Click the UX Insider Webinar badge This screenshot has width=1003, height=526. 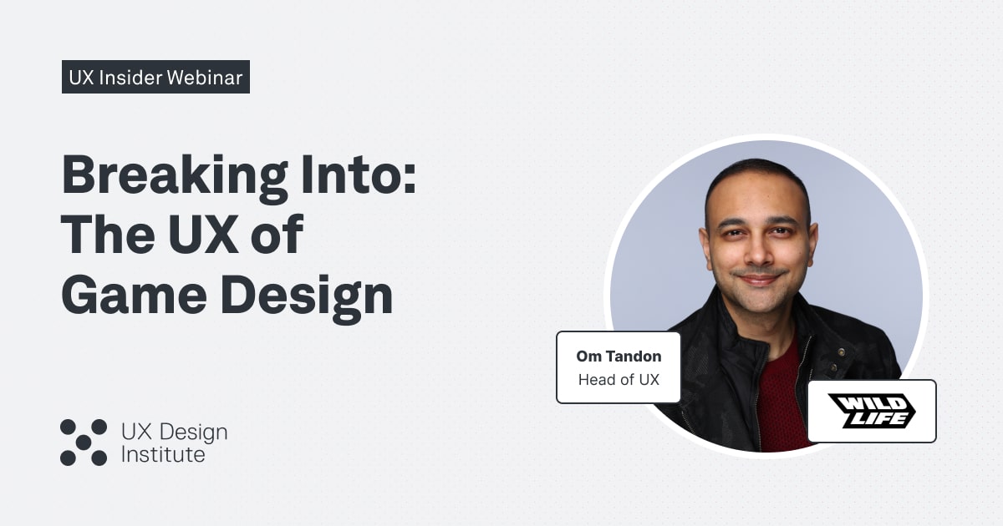[155, 78]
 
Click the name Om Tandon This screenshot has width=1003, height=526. [619, 357]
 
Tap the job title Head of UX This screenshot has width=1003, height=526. [619, 380]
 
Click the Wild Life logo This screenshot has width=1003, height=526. [871, 411]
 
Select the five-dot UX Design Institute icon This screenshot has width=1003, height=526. [84, 443]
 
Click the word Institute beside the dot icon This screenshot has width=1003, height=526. [163, 455]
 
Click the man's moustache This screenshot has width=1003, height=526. [758, 273]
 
